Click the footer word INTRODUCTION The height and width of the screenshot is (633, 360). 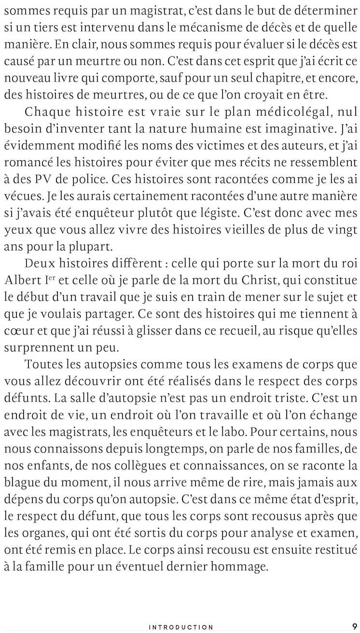click(181, 627)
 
